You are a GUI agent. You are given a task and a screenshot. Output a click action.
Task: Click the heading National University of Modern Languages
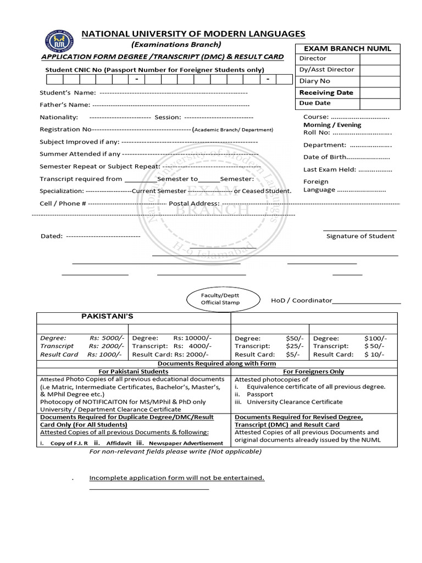[193, 34]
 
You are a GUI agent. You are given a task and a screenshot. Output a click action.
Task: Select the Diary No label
[314, 81]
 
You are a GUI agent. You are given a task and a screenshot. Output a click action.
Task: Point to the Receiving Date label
[326, 92]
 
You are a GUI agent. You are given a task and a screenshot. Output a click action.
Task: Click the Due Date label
[315, 103]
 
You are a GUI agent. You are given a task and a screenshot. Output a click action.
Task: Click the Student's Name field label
[68, 92]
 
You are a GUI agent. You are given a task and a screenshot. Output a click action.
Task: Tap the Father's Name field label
[64, 104]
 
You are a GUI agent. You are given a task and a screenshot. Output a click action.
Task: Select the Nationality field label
[59, 117]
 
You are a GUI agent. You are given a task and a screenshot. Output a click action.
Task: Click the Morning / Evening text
[332, 125]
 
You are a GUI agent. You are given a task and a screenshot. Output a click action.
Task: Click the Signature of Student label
[360, 236]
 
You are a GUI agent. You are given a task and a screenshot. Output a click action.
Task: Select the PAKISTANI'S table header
[107, 317]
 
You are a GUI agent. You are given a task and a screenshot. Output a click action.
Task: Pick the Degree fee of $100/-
[375, 338]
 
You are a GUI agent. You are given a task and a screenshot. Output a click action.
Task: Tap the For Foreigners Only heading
[313, 371]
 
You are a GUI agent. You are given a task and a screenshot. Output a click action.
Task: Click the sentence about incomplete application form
[176, 478]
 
